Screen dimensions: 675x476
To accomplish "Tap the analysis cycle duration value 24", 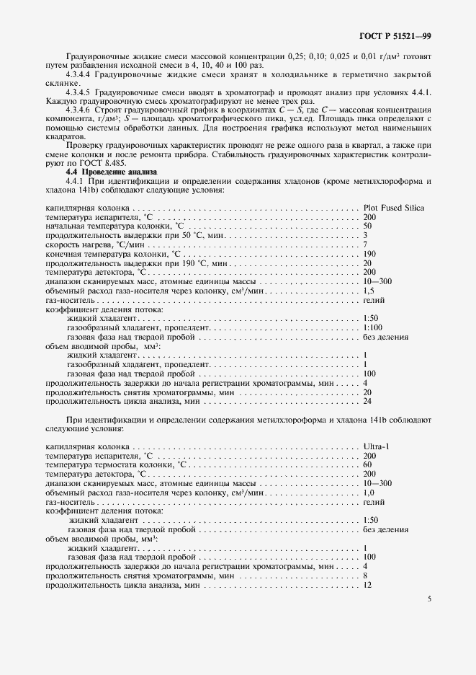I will tap(368, 401).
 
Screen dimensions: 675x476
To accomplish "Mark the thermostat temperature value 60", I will tap(368, 465).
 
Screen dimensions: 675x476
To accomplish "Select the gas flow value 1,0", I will tap(369, 493).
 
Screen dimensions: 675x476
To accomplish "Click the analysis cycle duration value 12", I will tap(368, 585).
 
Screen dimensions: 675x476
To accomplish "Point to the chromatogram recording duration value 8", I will tap(366, 575).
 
